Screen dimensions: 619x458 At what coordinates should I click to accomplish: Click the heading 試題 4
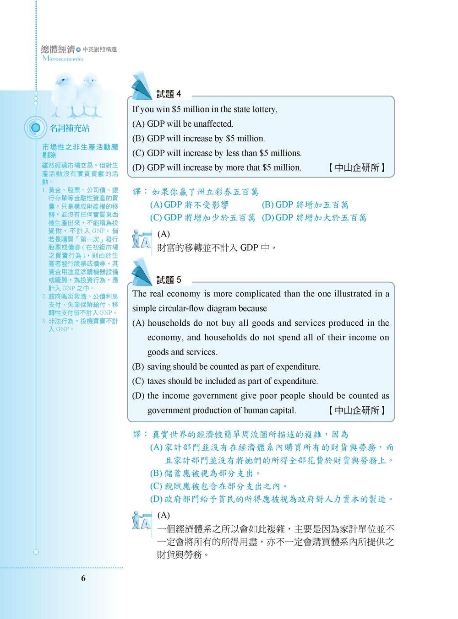tap(169, 94)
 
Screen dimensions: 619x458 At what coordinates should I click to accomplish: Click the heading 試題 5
tap(169, 280)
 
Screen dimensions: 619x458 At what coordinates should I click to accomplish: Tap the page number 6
tap(83, 578)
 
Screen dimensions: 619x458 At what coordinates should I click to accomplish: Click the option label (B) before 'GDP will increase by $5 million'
tap(138, 139)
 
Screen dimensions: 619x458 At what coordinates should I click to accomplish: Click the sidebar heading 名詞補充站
tap(70, 128)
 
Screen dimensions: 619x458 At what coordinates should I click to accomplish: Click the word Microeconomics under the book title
tap(63, 59)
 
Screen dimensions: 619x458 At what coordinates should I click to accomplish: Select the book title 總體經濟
tap(58, 49)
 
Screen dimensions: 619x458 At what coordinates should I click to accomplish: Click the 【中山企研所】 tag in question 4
tap(357, 168)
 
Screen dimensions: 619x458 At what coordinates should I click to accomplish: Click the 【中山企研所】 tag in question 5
tap(357, 410)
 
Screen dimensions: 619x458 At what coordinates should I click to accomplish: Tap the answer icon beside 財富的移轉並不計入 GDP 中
tap(142, 239)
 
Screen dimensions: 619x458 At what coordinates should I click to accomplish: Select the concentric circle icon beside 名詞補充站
tap(35, 128)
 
